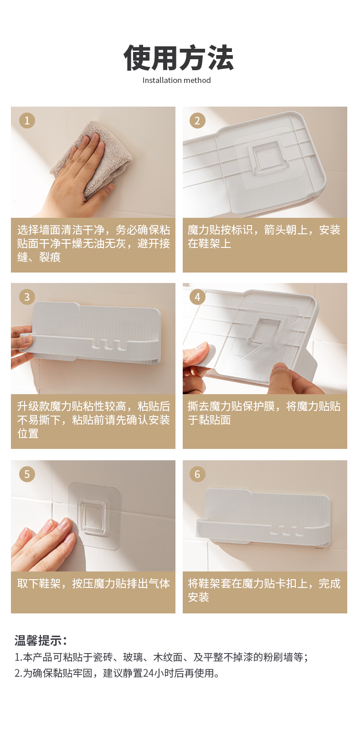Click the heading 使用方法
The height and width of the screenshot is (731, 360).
point(179,58)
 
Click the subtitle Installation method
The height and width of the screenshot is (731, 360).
point(176,80)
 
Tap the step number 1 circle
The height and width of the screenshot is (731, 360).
point(27,121)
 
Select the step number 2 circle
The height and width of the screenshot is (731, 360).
point(197,121)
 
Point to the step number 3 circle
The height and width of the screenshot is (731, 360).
point(27,297)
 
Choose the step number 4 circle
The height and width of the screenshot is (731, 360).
point(197,297)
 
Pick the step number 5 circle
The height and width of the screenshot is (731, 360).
point(27,474)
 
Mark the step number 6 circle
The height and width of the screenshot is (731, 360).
point(197,474)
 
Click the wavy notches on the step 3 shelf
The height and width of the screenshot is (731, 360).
point(109,345)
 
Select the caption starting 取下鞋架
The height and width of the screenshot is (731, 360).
point(94,583)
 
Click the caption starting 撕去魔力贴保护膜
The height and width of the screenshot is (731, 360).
point(264,413)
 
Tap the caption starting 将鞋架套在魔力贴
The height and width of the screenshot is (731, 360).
point(264,590)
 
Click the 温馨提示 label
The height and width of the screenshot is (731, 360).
point(41,640)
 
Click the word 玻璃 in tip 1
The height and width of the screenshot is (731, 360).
point(133,657)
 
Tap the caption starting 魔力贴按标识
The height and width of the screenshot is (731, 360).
point(264,237)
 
